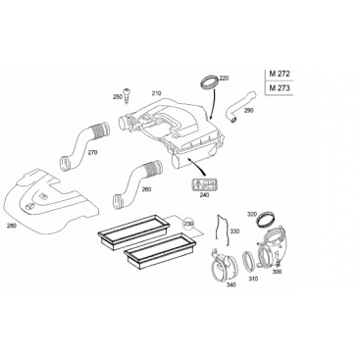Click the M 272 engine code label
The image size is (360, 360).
pyautogui.click(x=280, y=74)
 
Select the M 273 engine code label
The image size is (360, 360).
pyautogui.click(x=280, y=88)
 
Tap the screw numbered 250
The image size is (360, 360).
pyautogui.click(x=127, y=95)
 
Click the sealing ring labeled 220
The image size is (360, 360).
pyautogui.click(x=208, y=82)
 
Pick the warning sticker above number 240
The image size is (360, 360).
pyautogui.click(x=205, y=186)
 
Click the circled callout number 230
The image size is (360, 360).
pyautogui.click(x=188, y=224)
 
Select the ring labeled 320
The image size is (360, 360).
pyautogui.click(x=266, y=220)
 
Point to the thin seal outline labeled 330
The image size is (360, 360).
pyautogui.click(x=221, y=231)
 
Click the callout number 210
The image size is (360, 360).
pyautogui.click(x=156, y=93)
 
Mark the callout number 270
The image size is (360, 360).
pyautogui.click(x=92, y=152)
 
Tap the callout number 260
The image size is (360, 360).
pyautogui.click(x=146, y=189)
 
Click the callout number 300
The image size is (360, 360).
pyautogui.click(x=277, y=272)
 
